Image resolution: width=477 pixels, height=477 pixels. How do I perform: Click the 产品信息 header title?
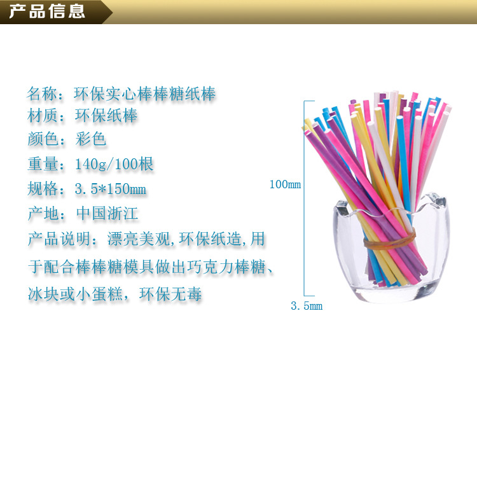tap(47, 12)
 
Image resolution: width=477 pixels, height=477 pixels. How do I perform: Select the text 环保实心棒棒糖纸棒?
tap(145, 95)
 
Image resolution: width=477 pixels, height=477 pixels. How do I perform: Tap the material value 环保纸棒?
tap(106, 116)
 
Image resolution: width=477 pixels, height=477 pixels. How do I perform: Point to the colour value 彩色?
tap(90, 139)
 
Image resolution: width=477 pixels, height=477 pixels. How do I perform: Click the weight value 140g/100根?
tap(114, 164)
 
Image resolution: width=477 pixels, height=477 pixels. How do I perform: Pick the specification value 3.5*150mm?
tap(111, 189)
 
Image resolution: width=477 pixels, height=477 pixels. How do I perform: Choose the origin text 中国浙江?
tap(107, 213)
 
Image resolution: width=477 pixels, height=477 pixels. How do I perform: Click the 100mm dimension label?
tap(285, 185)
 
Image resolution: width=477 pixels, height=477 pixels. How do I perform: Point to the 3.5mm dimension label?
tap(307, 307)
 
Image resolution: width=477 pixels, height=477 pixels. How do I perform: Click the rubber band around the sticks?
tap(389, 240)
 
